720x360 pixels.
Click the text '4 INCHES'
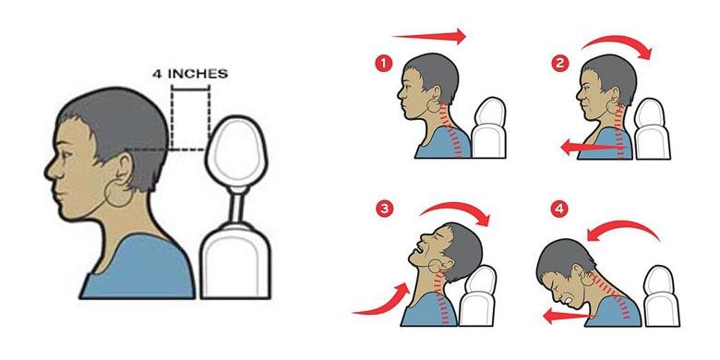190,74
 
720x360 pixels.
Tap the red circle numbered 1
383,64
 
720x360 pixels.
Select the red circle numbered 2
559,64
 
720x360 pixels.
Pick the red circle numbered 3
384,210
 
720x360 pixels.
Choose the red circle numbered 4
558,210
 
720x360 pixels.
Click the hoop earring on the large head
118,193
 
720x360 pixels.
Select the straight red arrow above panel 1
429,36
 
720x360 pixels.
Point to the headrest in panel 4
661,296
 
